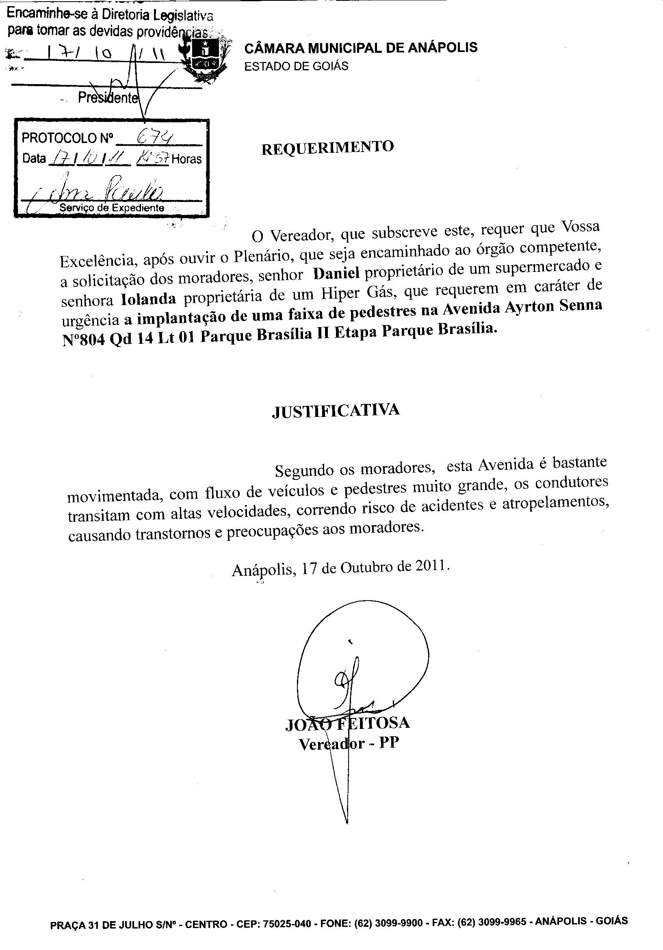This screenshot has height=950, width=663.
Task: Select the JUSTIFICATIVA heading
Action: click(x=336, y=410)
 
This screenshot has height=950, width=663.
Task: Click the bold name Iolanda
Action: click(x=148, y=298)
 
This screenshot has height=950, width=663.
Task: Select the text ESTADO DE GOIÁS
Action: click(x=296, y=66)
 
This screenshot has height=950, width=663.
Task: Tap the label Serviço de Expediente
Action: click(x=112, y=208)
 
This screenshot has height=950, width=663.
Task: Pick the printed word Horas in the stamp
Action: click(x=186, y=159)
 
